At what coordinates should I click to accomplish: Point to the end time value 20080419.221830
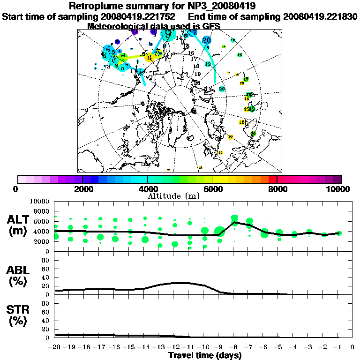(x=320, y=16)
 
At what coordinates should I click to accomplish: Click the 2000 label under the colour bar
(x=82, y=189)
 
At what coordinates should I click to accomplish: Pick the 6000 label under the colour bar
(x=212, y=189)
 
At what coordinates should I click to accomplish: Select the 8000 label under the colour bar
(x=277, y=189)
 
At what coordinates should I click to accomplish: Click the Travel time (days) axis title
(x=205, y=356)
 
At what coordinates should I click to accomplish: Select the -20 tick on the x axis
(x=55, y=347)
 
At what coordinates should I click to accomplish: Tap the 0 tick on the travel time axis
(x=352, y=347)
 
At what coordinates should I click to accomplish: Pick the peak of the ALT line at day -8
(x=234, y=222)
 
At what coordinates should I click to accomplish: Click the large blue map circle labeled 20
(x=207, y=40)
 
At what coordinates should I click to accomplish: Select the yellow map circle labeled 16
(x=242, y=122)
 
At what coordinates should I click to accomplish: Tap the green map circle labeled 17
(x=246, y=79)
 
